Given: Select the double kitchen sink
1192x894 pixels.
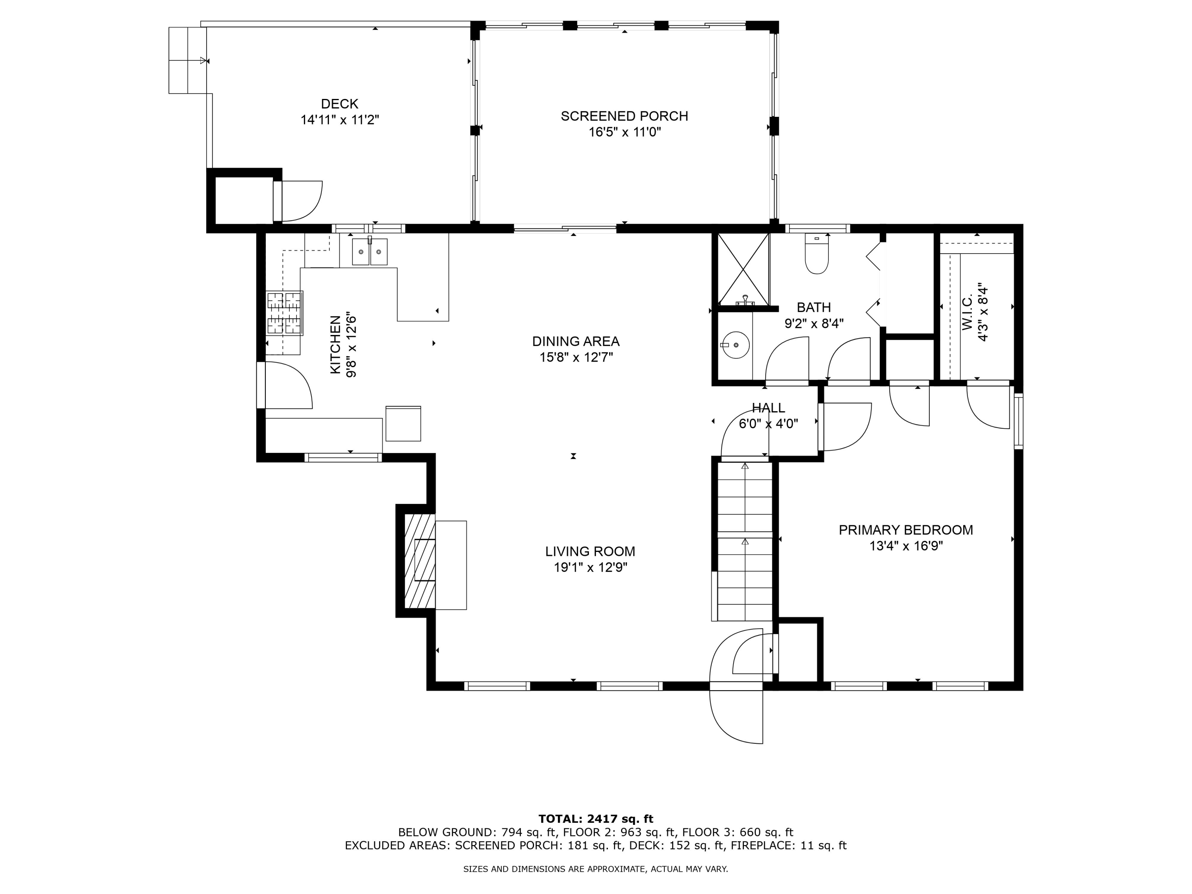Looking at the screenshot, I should click(370, 252).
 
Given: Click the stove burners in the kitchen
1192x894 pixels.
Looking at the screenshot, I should click(284, 313).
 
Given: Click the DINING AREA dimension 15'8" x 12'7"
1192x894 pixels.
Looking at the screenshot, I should click(576, 357).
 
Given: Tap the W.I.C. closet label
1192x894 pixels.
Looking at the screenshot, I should click(967, 313).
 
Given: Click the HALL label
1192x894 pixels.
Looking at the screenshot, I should click(768, 408).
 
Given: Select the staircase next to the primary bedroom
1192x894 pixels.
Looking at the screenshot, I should click(745, 542).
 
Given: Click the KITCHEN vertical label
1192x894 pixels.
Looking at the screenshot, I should click(335, 344).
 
